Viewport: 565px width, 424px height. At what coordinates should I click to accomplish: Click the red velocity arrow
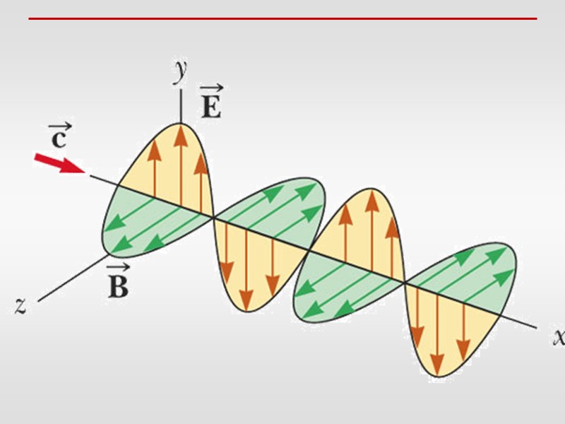(58, 164)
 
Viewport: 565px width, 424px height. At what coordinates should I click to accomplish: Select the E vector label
(210, 107)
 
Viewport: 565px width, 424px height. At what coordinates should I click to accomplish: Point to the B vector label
(117, 287)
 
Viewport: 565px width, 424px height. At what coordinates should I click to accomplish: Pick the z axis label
(20, 305)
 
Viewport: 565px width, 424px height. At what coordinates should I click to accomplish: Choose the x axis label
(558, 336)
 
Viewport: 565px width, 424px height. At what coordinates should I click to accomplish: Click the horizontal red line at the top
(282, 19)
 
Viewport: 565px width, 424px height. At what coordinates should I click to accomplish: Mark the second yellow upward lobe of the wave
(367, 226)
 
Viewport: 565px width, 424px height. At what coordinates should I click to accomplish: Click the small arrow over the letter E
(210, 89)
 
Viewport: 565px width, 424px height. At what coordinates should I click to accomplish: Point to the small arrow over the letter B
(117, 269)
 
